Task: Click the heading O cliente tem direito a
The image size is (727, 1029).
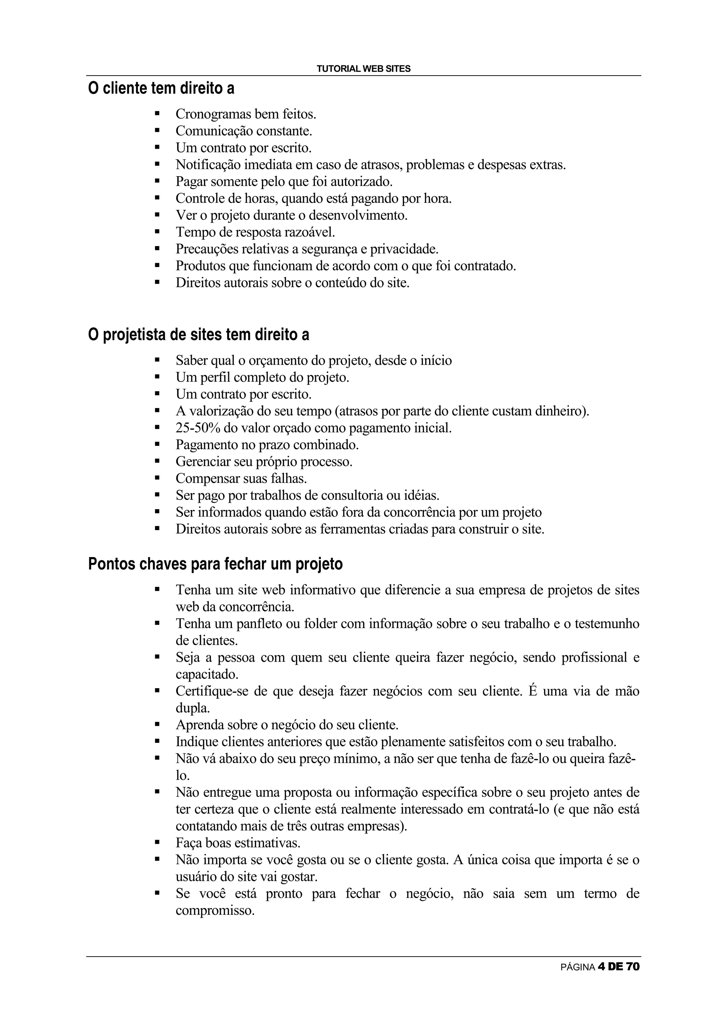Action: tap(161, 88)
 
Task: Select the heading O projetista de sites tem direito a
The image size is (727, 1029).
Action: tap(198, 334)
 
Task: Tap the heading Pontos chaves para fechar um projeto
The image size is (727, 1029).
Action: tap(215, 563)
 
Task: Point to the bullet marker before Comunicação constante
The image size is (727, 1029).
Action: tap(157, 131)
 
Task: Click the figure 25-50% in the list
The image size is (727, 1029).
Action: tap(197, 428)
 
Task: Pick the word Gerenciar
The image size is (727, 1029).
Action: tap(203, 462)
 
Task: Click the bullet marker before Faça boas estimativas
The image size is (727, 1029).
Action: tap(157, 843)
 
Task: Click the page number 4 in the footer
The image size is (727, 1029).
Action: tap(601, 967)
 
